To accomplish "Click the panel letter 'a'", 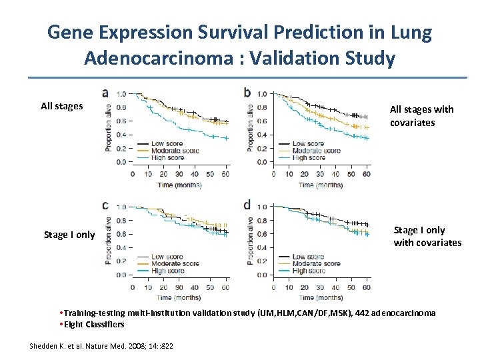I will pyautogui.click(x=106, y=93).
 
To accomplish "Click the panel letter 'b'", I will pyautogui.click(x=247, y=93).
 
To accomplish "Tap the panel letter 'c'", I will pyautogui.click(x=106, y=205).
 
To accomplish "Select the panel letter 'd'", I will pyautogui.click(x=247, y=205).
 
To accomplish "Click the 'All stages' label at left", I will pyautogui.click(x=61, y=106).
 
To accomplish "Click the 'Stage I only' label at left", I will pyautogui.click(x=69, y=235).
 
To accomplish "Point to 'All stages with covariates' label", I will pyautogui.click(x=421, y=116).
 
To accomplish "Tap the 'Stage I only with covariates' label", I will pyautogui.click(x=427, y=237).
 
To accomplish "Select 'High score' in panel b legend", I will pyautogui.click(x=307, y=158).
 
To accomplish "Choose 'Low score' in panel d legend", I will pyautogui.click(x=307, y=257).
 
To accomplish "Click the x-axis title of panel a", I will pyautogui.click(x=179, y=185).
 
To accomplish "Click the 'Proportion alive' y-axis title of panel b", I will pyautogui.click(x=251, y=126).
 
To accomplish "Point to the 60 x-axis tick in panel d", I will pyautogui.click(x=366, y=288).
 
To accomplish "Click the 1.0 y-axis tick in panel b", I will pyautogui.click(x=262, y=94).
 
